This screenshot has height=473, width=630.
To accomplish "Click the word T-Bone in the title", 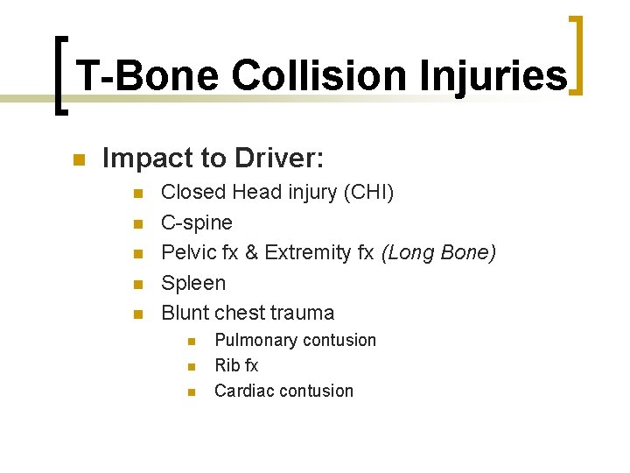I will (148, 76).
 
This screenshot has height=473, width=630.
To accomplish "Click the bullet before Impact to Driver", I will (77, 159).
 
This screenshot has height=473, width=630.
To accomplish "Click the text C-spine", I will (197, 222).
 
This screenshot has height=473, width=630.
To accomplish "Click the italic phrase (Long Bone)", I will (438, 253).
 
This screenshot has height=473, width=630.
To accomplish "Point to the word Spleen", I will (193, 284).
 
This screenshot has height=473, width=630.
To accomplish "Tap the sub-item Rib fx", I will (236, 365).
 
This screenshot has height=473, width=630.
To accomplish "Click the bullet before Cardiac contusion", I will (191, 392).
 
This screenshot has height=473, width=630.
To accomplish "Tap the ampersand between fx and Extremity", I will (252, 253).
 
